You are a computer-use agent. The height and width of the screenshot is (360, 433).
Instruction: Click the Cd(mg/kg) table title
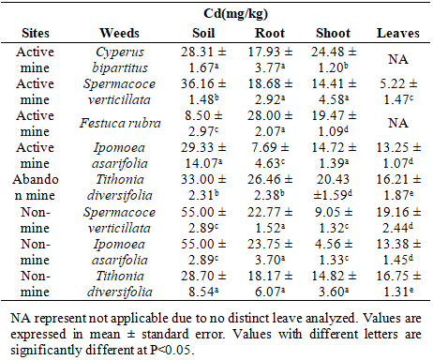point(235,14)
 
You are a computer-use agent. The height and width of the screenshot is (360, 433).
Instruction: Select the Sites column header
point(36,33)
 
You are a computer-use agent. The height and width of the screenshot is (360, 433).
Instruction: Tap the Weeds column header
point(119,33)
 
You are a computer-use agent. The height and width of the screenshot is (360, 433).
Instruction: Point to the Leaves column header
point(398,33)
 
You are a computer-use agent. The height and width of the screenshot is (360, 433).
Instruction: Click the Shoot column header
point(333,33)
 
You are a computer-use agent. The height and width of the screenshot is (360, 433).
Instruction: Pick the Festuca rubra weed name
point(120,123)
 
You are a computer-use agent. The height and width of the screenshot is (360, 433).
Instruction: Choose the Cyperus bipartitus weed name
point(120,60)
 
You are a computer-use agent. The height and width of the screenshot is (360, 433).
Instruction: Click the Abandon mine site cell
point(36,187)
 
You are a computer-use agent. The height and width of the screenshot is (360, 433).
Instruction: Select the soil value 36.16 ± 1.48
point(203,92)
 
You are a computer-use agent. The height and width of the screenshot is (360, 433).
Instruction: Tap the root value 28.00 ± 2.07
point(270,124)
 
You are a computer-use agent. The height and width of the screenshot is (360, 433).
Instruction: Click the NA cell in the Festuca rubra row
point(398,123)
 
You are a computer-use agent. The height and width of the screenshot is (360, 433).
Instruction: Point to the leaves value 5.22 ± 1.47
point(398,92)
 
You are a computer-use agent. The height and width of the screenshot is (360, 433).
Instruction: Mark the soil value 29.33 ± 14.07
point(203,156)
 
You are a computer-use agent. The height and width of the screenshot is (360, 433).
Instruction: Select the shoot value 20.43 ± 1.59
point(333,187)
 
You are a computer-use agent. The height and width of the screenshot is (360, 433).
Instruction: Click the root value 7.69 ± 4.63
point(270,156)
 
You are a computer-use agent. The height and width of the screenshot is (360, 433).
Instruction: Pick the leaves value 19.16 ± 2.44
point(398,220)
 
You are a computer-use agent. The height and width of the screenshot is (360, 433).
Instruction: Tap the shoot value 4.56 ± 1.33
point(333,252)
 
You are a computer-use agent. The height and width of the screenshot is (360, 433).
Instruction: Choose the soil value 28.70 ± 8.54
point(203,284)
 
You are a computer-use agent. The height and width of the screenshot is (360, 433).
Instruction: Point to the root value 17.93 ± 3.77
point(270,60)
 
